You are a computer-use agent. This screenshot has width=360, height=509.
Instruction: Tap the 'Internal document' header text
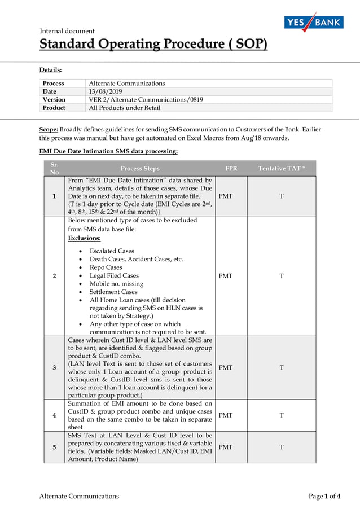point(67,31)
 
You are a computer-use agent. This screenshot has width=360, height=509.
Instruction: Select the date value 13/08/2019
point(106,91)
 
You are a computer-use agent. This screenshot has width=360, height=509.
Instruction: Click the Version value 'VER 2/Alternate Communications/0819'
point(146,99)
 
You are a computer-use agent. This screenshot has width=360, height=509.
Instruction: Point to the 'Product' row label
point(54,108)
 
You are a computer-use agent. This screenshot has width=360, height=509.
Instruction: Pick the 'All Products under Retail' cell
point(125,108)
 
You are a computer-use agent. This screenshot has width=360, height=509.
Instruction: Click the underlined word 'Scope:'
point(49,129)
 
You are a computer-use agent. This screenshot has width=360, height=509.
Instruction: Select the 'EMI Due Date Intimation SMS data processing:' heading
point(108,151)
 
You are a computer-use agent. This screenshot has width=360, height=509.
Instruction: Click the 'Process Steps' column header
point(139,168)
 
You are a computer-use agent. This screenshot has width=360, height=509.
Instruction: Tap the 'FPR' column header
point(231,168)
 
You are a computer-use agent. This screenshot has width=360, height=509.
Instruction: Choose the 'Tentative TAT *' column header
point(282,168)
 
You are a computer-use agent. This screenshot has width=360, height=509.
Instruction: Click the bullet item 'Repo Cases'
point(106,267)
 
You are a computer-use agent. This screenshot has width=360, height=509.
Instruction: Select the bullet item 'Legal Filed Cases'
point(114,275)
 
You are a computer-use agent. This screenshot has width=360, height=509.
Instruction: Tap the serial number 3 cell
point(54,368)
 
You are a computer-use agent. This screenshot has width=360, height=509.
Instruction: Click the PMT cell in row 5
point(226,447)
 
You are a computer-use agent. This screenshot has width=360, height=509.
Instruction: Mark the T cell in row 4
point(282,415)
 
